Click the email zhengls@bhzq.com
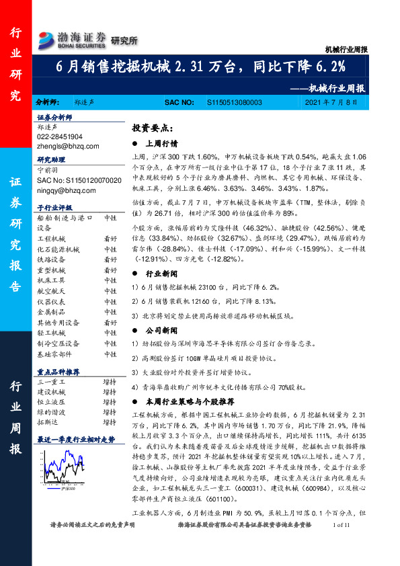coord(68,145)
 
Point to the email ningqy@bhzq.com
coord(67,190)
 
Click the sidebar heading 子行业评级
coord(53,208)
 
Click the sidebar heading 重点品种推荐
coord(58,371)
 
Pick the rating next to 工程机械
coord(110,239)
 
